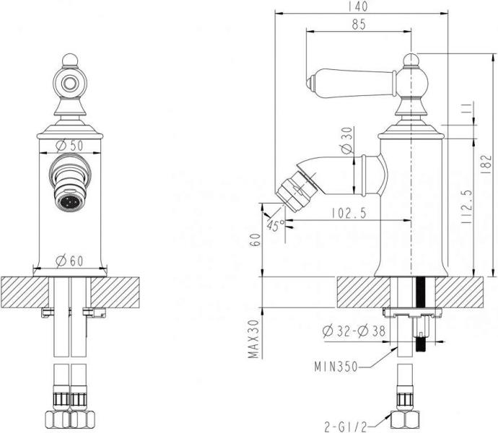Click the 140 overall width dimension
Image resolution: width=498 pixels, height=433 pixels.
point(359,6)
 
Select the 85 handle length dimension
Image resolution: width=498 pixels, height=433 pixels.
point(359,25)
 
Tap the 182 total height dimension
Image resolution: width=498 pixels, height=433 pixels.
point(486,164)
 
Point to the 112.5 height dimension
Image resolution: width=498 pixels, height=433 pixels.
point(466,206)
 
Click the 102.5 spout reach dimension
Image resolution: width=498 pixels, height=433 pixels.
point(349,213)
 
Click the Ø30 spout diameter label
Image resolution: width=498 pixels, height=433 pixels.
point(347,141)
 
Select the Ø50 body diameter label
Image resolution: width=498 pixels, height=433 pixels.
point(69,146)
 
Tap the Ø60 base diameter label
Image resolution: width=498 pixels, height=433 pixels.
point(69,261)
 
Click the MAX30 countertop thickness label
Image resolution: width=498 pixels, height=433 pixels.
point(254,338)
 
